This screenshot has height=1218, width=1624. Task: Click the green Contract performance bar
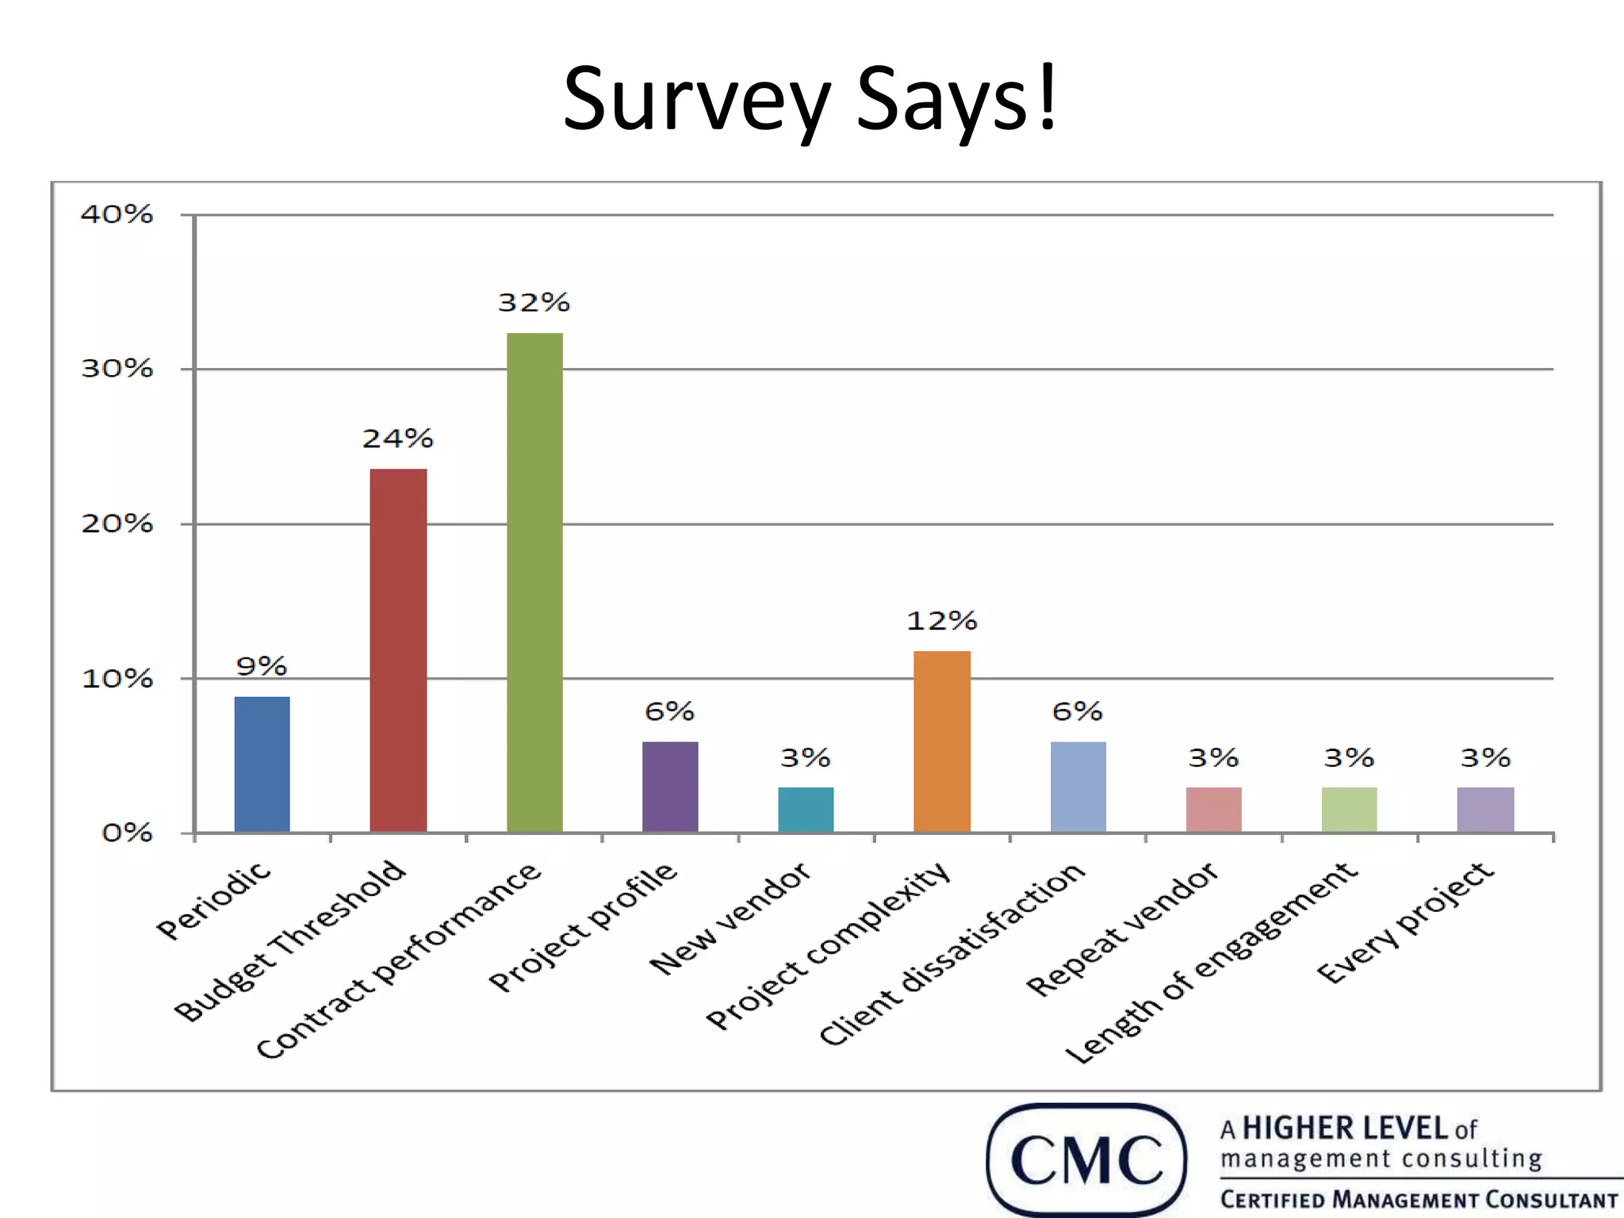pos(534,583)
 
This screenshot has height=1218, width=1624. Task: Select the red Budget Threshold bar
pos(398,650)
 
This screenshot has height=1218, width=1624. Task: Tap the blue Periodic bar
pos(262,764)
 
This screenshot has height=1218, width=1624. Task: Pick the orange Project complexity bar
pos(942,741)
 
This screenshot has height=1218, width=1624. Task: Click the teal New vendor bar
pos(806,810)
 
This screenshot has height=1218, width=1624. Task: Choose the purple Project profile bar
pos(670,787)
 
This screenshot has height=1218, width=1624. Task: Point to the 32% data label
pos(534,302)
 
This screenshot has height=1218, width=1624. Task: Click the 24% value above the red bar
pos(398,439)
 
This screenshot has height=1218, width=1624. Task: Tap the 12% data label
pos(942,620)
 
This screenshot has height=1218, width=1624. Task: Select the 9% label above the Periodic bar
pos(262,666)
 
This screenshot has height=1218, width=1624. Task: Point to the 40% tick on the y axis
pos(117,214)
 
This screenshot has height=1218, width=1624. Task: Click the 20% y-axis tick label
pos(117,523)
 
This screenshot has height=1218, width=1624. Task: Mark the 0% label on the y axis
pos(127,833)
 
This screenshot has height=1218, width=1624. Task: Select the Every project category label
pos(1405,922)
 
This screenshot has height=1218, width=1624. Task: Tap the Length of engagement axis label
pos(1211,963)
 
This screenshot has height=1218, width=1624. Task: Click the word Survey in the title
pos(696,99)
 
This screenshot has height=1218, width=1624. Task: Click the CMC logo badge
pos(1086,1159)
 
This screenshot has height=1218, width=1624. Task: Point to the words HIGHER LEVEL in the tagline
pos(1345,1128)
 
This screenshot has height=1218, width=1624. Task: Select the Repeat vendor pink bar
pos(1213,810)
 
